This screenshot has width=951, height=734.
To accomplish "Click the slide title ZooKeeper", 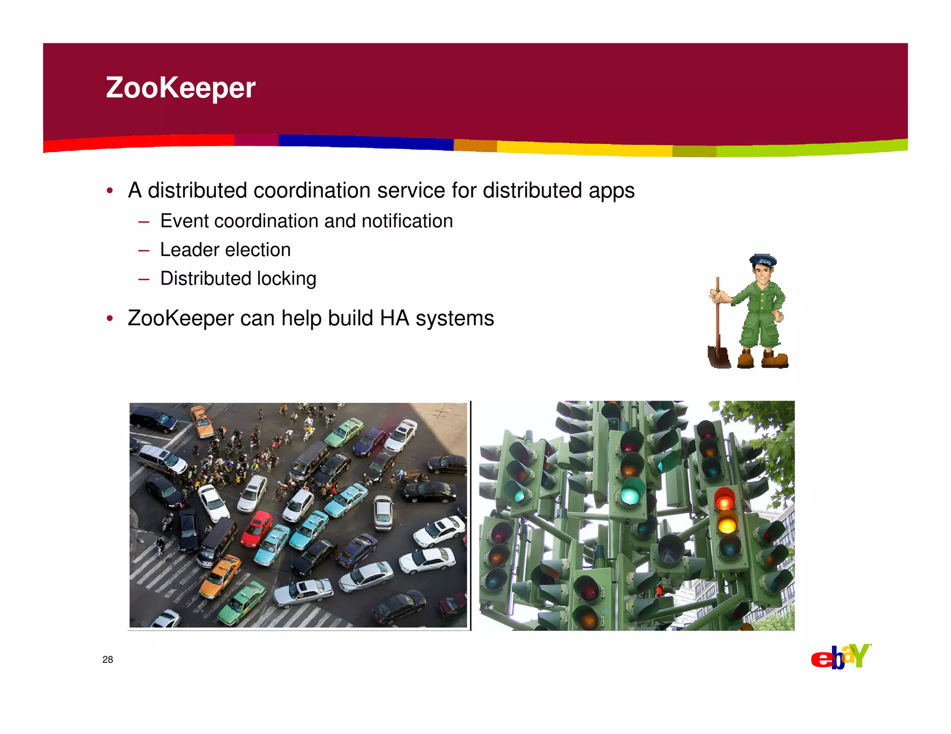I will click(x=181, y=88).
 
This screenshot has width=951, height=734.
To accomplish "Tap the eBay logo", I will click(x=840, y=657).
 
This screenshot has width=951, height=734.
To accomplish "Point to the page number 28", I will click(x=108, y=659).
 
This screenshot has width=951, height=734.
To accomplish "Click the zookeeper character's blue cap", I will click(x=762, y=260).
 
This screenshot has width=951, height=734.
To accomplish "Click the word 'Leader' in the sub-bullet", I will click(x=189, y=250).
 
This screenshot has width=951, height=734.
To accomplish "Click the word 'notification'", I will click(x=407, y=221).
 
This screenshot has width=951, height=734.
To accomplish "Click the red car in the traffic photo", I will click(x=256, y=529).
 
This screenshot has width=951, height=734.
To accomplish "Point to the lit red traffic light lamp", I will click(x=724, y=501).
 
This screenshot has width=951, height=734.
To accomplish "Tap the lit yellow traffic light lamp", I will click(x=727, y=525).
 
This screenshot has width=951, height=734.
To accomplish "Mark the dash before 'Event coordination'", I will click(x=143, y=222).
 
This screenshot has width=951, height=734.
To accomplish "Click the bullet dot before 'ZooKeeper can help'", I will click(x=110, y=318).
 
